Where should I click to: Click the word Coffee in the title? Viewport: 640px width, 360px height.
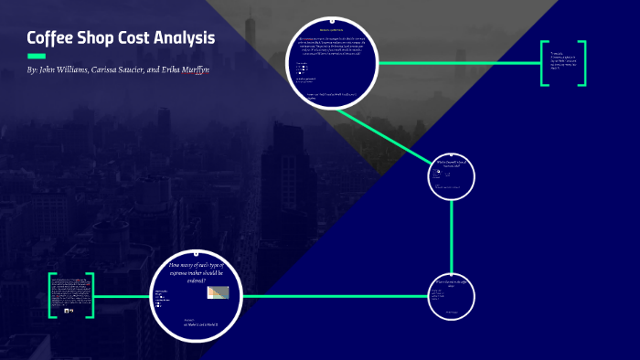coord(50,38)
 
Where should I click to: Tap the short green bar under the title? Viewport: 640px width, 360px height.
coord(37,58)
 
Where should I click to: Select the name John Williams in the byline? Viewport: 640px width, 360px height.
coord(64,70)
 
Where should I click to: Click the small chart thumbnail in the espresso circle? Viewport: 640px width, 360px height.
coord(218,292)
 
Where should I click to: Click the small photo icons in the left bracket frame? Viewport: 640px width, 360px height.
coord(69,311)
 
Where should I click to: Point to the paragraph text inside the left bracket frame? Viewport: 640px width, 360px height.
coord(71,291)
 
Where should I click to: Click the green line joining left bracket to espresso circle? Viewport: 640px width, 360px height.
coord(123,296)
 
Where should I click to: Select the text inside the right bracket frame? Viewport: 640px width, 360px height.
coord(562,62)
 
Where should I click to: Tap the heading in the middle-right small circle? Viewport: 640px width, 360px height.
coord(452,164)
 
